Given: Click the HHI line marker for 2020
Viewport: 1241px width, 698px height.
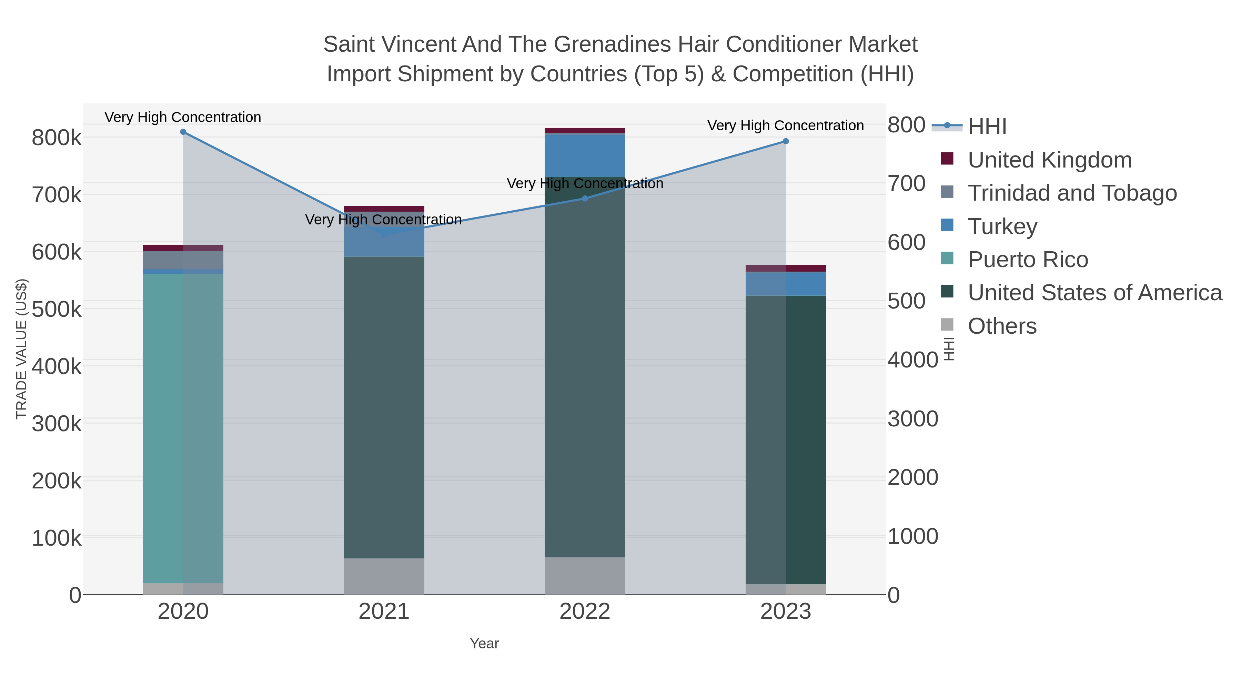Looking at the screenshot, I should (183, 132).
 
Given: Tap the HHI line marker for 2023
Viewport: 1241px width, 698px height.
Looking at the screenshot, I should (786, 141).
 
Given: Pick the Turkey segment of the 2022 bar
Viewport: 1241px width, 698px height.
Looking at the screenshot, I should (585, 155).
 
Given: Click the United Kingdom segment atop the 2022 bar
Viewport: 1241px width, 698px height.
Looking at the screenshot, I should (585, 131).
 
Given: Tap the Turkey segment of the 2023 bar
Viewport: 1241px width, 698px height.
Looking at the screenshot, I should (786, 284).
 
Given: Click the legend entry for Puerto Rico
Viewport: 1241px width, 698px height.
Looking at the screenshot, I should (1028, 260).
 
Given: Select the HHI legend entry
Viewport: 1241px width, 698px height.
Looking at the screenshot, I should (987, 127).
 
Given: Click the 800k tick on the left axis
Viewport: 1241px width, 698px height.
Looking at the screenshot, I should (57, 138).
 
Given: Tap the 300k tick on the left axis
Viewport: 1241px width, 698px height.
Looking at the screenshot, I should (57, 424).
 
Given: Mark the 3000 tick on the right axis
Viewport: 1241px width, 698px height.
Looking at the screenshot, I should (912, 418).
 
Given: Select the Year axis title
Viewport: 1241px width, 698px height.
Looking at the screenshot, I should (484, 644).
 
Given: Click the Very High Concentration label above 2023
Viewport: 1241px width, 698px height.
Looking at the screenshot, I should (785, 126).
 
